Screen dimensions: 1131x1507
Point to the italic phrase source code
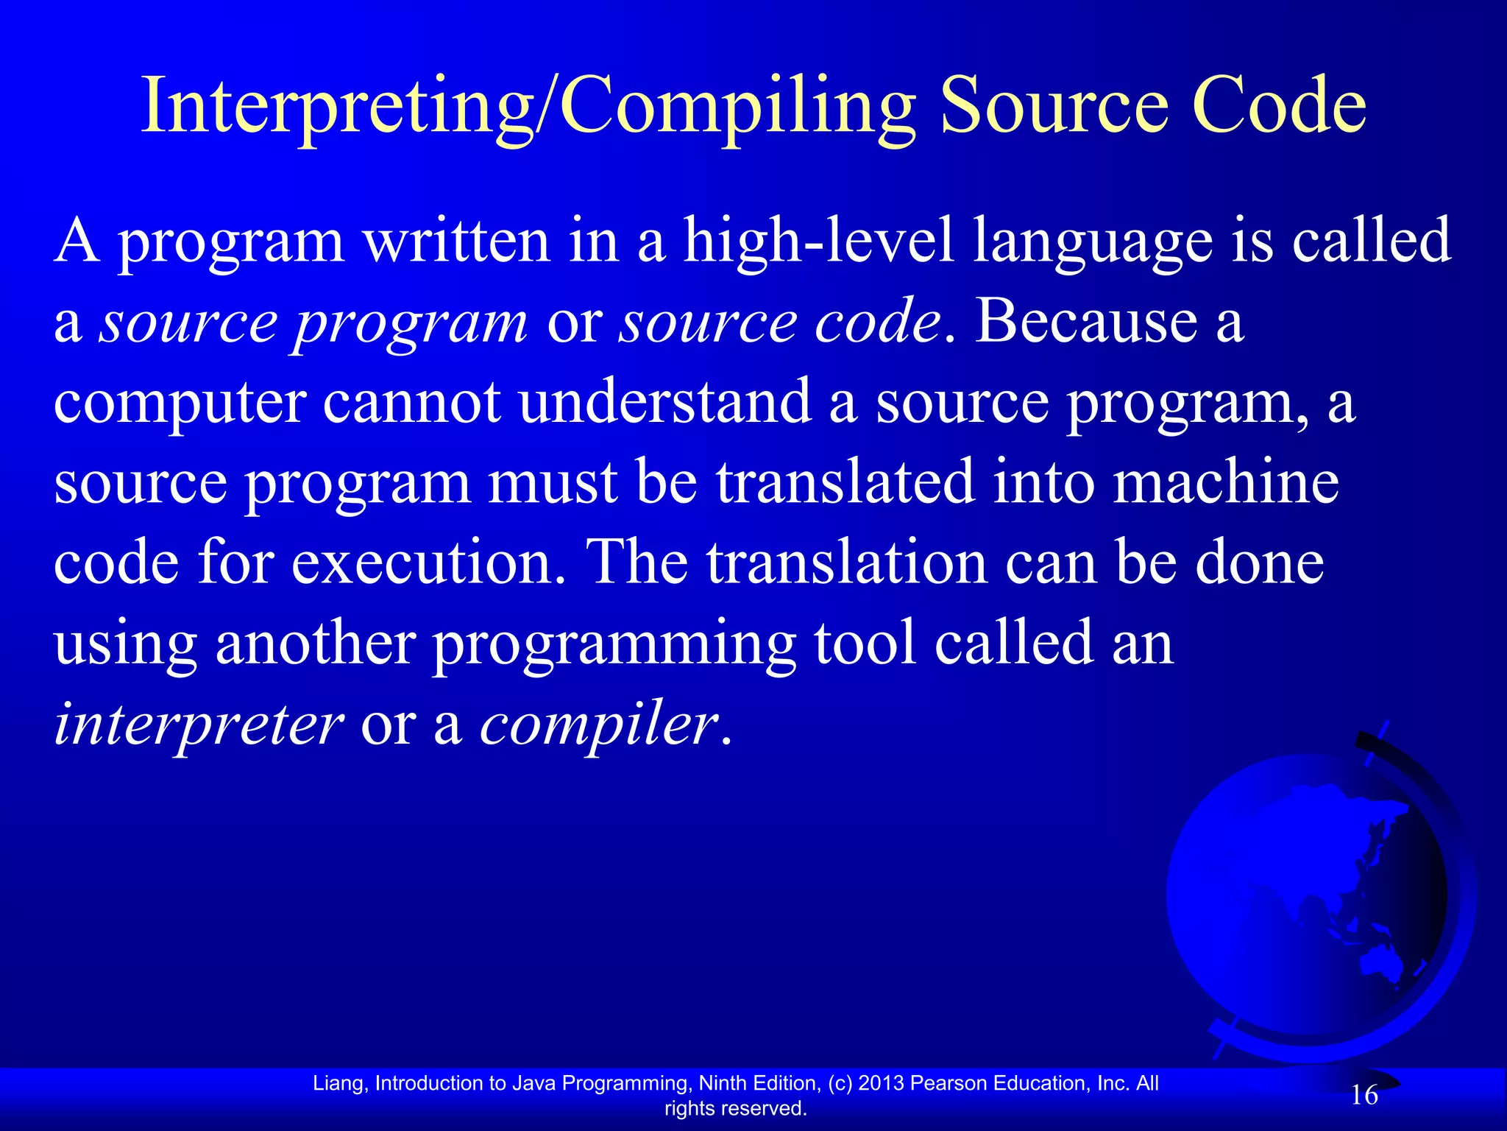(x=780, y=322)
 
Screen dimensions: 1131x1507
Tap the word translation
(x=846, y=563)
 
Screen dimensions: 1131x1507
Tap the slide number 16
(x=1364, y=1096)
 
